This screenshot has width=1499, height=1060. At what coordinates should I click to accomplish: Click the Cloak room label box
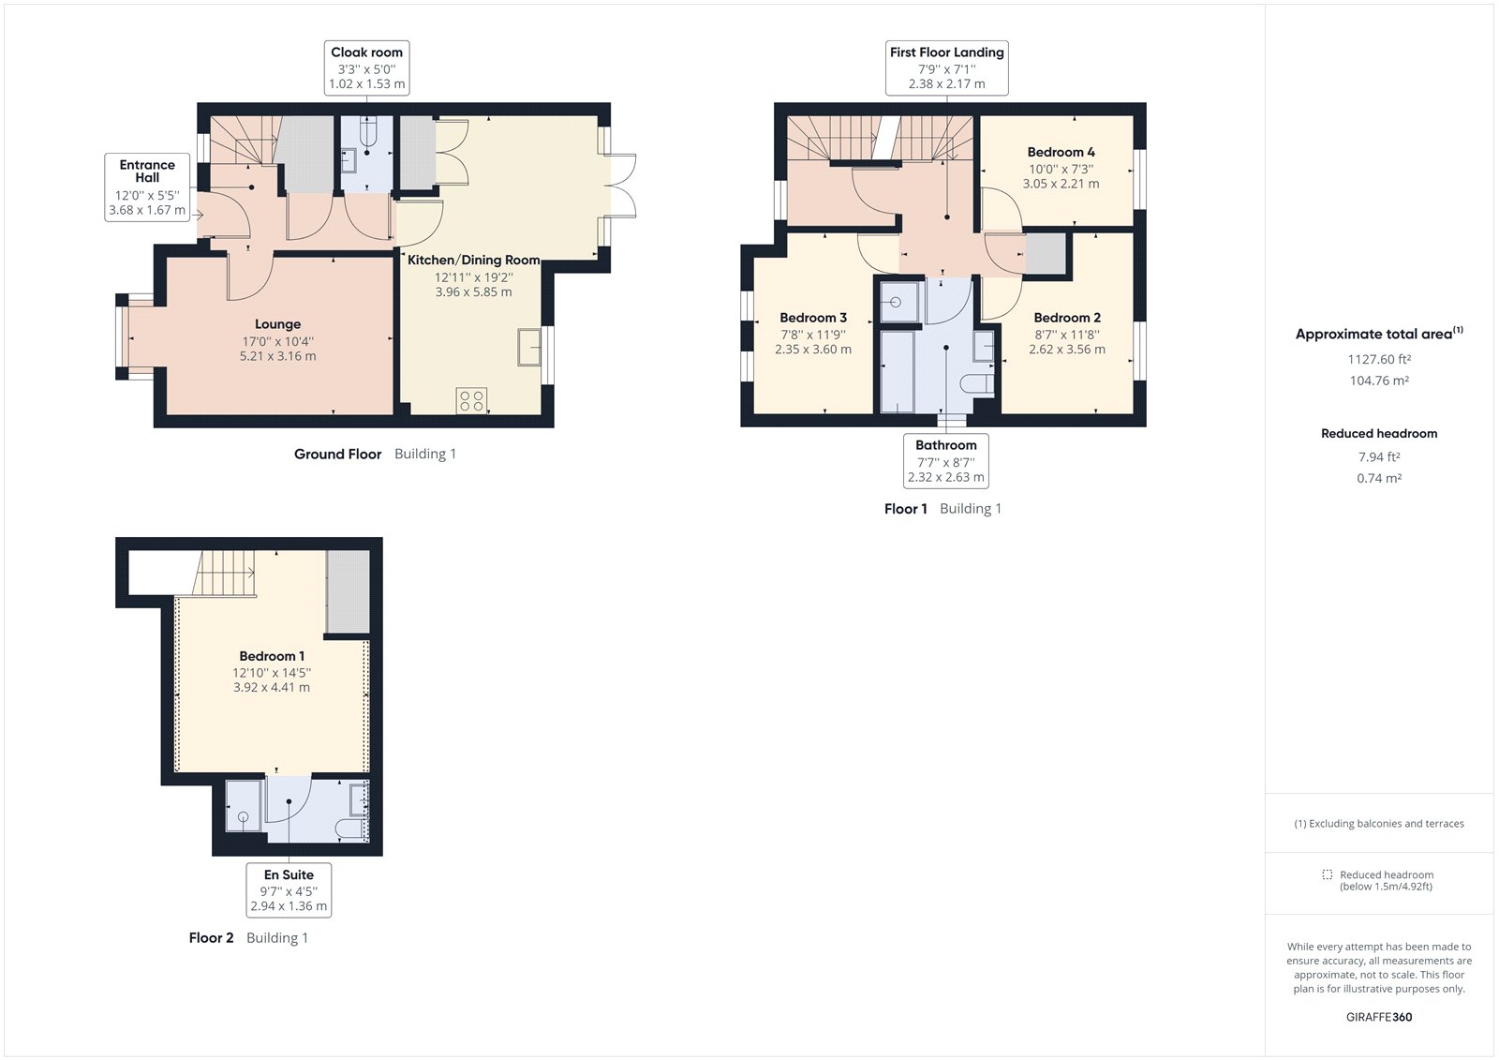pos(366,67)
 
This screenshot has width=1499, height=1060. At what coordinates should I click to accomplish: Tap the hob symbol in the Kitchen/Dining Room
pos(471,401)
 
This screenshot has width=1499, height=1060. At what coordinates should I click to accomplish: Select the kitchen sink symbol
pos(529,347)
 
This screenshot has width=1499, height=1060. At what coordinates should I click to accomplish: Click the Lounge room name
pos(277,324)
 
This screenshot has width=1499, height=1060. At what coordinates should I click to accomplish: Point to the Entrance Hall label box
pos(147,187)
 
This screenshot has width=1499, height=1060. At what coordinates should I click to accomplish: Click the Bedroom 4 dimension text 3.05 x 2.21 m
pos(1061,184)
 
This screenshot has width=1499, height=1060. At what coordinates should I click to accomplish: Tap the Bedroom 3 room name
pos(812,318)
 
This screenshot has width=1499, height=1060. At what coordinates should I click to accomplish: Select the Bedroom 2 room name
pos(1066,318)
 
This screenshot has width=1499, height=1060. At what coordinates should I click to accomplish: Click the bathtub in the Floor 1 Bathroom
pos(898,372)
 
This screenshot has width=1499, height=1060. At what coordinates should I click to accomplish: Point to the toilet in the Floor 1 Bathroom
pos(977,383)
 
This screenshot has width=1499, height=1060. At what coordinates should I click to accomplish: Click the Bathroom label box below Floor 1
pos(945,461)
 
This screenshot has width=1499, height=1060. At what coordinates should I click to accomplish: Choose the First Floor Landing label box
pos(946,67)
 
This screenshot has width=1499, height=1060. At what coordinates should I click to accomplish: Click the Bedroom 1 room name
pos(272,656)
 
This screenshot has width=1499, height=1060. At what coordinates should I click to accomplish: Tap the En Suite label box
pos(289,890)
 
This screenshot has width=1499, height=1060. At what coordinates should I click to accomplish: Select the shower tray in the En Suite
pos(245,807)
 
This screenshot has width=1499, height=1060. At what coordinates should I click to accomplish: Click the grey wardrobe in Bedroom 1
pos(348,592)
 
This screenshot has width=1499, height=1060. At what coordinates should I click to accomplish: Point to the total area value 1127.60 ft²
pos(1379,359)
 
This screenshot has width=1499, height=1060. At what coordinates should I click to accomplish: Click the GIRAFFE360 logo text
pos(1378,1017)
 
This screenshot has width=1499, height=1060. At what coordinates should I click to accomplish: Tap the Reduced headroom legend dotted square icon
pos(1327,874)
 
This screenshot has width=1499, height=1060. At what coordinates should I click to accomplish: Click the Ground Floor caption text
pos(337,454)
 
